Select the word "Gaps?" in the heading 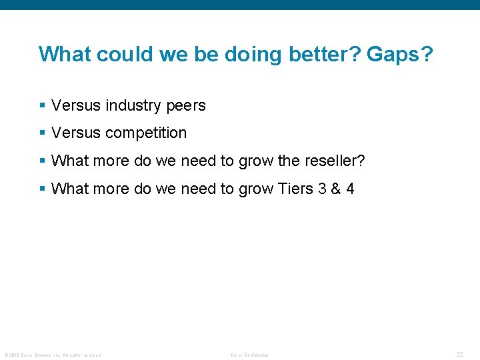coord(396,54)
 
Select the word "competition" coord(145,133)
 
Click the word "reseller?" coord(335,161)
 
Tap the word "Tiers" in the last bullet coord(295,189)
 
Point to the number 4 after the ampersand coord(349,189)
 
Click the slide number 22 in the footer coord(460,355)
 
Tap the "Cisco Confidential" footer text coord(249,355)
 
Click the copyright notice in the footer coord(53,355)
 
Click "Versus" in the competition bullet coord(73,133)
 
